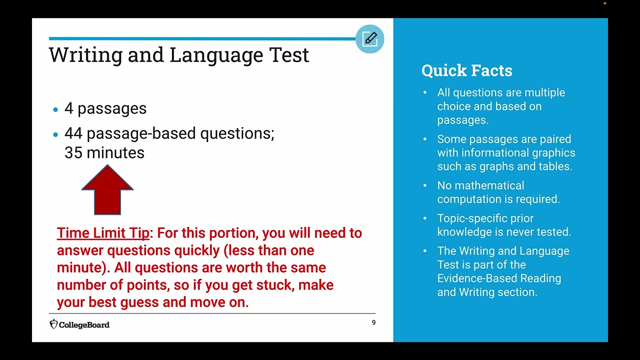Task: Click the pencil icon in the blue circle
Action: [370, 39]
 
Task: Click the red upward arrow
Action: [107, 190]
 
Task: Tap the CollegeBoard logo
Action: [79, 324]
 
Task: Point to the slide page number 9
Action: [373, 322]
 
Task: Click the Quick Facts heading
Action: [466, 70]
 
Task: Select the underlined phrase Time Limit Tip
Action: [103, 233]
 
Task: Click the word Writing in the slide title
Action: [85, 55]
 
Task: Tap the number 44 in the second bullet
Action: [73, 133]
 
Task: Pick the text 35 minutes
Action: [104, 153]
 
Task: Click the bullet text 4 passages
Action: [105, 108]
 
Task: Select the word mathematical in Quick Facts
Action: [480, 185]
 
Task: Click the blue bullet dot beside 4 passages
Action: [55, 109]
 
